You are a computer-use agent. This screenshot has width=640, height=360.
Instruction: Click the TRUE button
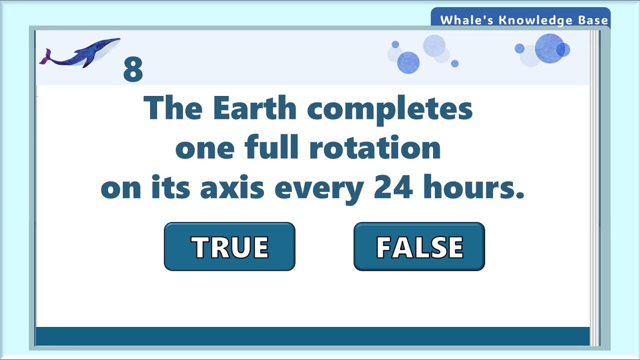click(x=229, y=246)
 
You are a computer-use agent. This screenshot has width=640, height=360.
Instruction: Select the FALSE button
click(x=419, y=246)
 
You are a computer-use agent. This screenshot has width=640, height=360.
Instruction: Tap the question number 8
click(x=133, y=70)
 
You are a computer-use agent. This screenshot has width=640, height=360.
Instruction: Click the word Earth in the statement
click(x=255, y=108)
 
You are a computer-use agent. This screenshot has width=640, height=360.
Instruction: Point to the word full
click(x=272, y=148)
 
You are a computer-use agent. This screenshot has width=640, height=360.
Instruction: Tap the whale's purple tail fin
click(x=45, y=57)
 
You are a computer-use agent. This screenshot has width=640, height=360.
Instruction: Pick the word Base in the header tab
click(x=594, y=20)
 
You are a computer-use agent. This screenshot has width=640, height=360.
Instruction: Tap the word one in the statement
click(x=204, y=148)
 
